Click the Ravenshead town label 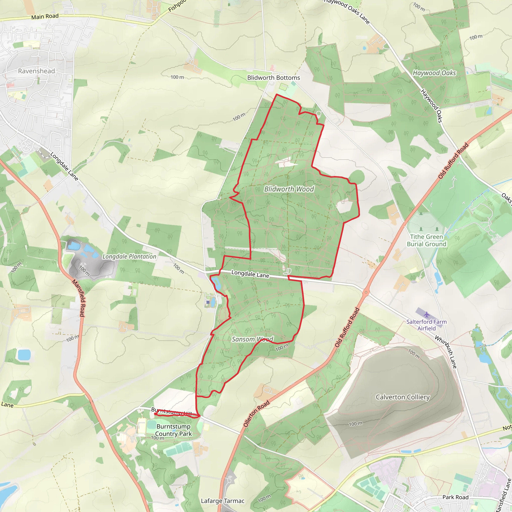click(36, 71)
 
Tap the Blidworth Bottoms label click(273, 78)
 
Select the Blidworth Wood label click(289, 189)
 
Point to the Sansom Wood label click(252, 339)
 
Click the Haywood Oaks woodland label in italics click(434, 73)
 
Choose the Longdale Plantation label click(129, 256)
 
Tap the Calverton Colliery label click(402, 397)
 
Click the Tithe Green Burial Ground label click(426, 240)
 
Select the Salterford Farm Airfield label click(426, 325)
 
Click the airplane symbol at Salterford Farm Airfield click(426, 314)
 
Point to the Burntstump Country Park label click(173, 430)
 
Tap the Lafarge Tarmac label click(222, 501)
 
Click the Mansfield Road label click(78, 298)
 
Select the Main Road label click(45, 16)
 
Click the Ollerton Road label click(256, 413)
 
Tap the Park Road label click(455, 497)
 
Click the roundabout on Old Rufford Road click(366, 292)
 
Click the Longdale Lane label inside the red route click(250, 274)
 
